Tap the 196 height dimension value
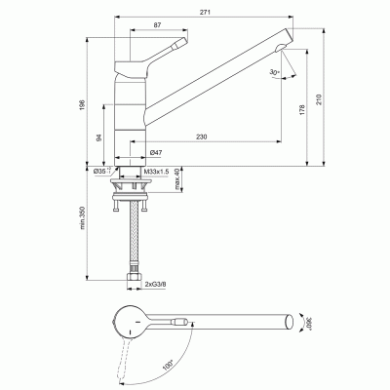(x=85, y=104)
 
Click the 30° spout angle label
(x=276, y=71)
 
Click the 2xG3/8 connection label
(x=154, y=285)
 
